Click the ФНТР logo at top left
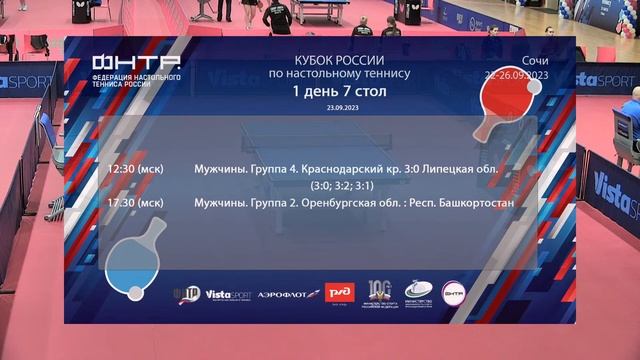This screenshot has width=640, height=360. (x=136, y=69)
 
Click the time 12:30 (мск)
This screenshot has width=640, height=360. (x=135, y=169)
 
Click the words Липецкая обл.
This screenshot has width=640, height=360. (x=456, y=169)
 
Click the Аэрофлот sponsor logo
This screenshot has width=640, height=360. (x=289, y=294)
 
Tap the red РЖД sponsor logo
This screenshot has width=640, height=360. (x=339, y=294)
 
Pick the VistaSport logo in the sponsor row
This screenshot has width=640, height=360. (x=230, y=294)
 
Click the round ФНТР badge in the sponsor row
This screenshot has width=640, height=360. (x=454, y=293)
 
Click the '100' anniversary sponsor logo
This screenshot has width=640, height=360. (x=379, y=292)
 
